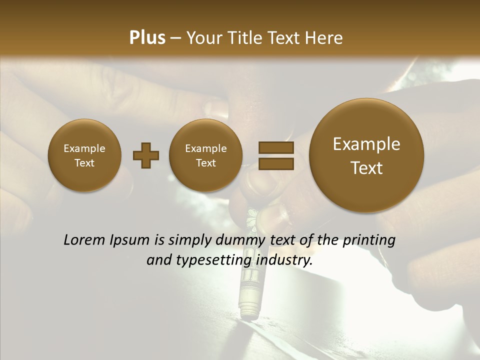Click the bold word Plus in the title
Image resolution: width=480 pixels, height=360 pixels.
[x=147, y=38]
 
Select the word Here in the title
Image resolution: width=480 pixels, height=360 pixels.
[x=324, y=38]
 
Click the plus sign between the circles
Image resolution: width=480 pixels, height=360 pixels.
[x=146, y=155]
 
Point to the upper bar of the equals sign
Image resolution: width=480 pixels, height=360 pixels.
[x=276, y=147]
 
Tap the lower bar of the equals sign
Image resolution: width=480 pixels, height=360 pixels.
[x=276, y=163]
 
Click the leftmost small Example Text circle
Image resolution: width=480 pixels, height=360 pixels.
[x=84, y=155]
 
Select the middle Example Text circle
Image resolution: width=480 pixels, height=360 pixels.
[x=205, y=155]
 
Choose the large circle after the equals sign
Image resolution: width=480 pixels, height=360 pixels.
[x=366, y=155]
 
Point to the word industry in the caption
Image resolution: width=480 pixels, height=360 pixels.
[x=284, y=260]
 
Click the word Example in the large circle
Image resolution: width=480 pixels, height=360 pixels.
[x=366, y=144]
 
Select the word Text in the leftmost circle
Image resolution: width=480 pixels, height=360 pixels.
[x=84, y=163]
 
